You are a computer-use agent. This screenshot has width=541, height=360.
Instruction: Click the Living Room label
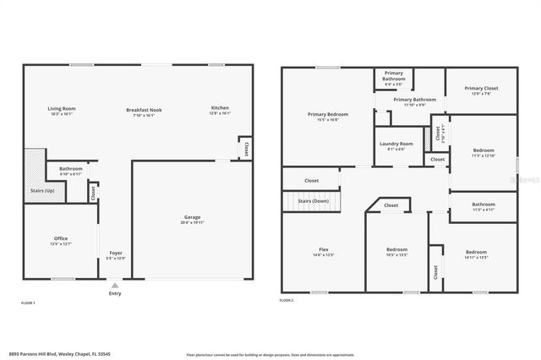click(62, 108)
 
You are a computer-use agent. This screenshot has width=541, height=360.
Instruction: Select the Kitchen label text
click(220, 108)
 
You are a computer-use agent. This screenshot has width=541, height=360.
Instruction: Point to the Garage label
click(192, 218)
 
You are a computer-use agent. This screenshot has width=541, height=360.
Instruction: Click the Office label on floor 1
click(61, 238)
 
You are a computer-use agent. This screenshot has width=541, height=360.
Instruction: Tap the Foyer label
click(116, 252)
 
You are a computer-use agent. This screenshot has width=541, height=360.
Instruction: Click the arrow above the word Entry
click(115, 286)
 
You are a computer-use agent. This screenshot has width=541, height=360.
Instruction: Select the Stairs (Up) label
click(31, 190)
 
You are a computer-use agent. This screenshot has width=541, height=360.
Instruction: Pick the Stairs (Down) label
click(314, 201)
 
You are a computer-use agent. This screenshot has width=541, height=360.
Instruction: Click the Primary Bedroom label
click(327, 114)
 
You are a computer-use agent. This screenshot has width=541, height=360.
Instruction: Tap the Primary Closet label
click(481, 88)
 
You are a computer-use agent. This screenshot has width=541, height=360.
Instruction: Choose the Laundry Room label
click(396, 144)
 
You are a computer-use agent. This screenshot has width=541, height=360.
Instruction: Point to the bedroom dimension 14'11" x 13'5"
click(476, 257)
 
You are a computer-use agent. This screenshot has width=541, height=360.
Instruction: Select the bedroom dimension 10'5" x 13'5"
click(396, 254)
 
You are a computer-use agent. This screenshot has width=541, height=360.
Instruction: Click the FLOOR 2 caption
click(287, 300)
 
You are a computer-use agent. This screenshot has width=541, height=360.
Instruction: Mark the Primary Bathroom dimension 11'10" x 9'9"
click(413, 105)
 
